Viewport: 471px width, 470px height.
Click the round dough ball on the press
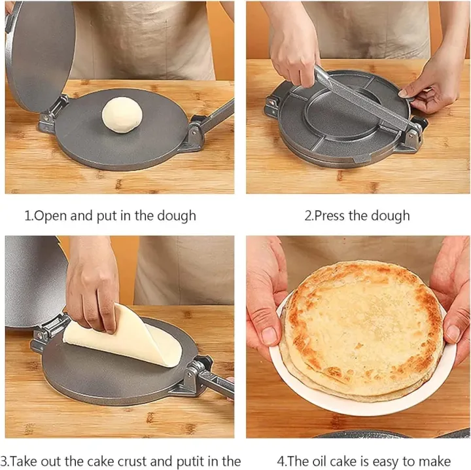tap(122, 115)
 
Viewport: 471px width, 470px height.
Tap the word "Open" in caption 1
tap(50, 216)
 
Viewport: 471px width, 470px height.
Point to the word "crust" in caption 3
tap(131, 461)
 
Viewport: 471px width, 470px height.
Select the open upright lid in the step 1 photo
tap(40, 56)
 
